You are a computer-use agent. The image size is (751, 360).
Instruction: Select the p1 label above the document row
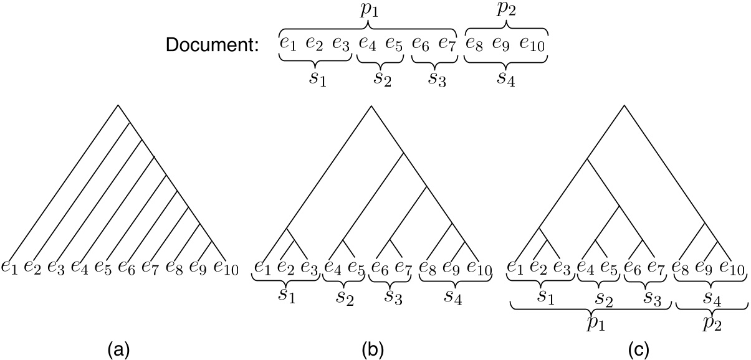click(368, 11)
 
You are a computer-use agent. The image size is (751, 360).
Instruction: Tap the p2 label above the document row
click(506, 11)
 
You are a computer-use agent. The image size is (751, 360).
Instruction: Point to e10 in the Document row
click(533, 45)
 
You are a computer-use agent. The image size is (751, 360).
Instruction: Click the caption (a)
click(118, 344)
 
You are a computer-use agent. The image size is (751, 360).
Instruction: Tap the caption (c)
click(627, 344)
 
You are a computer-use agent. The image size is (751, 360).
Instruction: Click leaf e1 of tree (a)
click(10, 267)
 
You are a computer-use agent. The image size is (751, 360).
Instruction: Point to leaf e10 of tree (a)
click(226, 267)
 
